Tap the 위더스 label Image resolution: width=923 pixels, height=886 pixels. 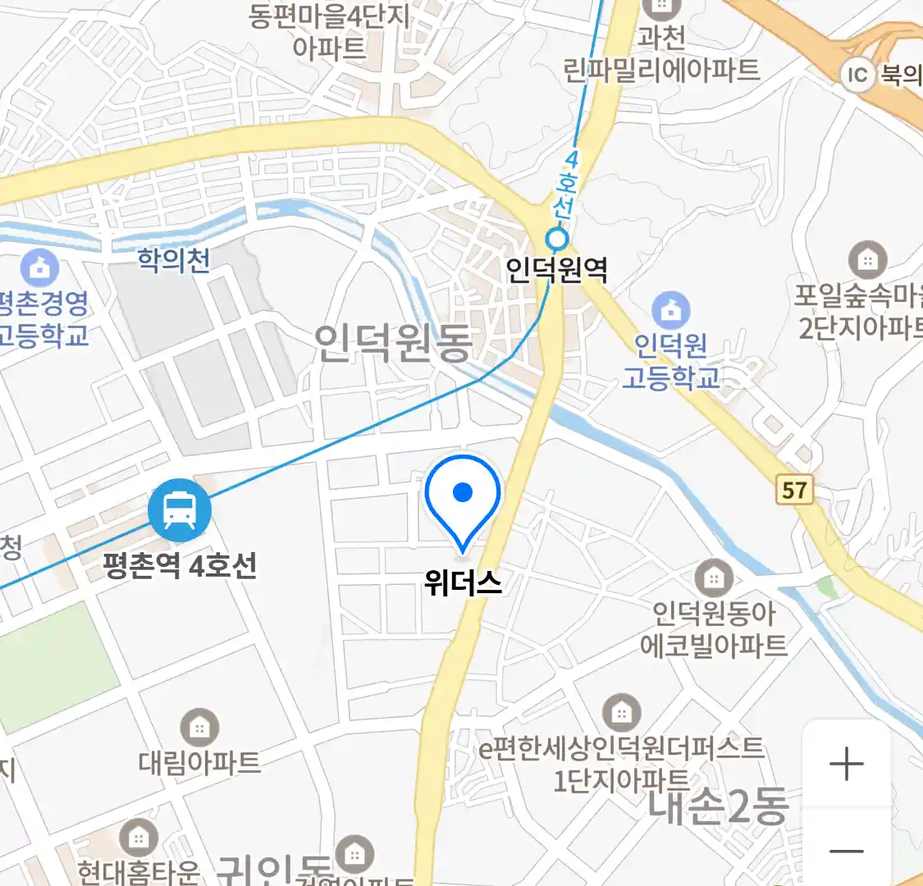tap(463, 582)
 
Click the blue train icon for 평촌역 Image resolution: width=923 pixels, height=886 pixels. tap(180, 510)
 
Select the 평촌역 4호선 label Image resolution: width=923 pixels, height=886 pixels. tap(180, 565)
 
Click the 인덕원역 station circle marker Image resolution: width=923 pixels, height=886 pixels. tap(557, 240)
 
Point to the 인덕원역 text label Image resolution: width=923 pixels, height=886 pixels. tap(556, 269)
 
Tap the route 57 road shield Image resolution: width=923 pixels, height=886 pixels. tap(793, 491)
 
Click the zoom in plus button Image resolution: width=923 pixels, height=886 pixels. tap(846, 765)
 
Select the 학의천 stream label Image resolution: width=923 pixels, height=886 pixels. tap(174, 260)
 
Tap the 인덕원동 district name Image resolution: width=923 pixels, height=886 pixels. tap(393, 343)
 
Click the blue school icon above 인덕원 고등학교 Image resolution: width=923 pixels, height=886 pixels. tap(670, 311)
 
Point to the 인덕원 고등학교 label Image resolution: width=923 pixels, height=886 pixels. tap(670, 361)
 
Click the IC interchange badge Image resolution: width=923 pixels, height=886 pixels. tap(857, 75)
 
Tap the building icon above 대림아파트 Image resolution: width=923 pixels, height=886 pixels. tap(199, 727)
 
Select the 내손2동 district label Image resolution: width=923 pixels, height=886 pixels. tap(717, 806)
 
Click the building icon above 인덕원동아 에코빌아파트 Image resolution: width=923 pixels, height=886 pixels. tap(714, 578)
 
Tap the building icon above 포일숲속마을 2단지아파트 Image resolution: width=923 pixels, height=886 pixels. tap(866, 260)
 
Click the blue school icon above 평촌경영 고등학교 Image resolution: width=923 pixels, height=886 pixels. tap(39, 267)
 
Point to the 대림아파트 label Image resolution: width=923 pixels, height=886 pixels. tap(199, 762)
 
